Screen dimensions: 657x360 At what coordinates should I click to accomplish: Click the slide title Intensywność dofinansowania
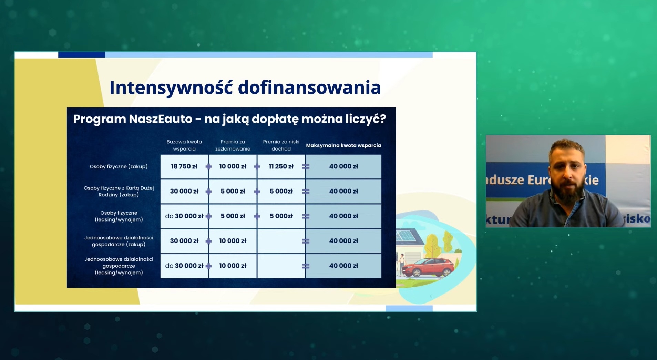click(x=245, y=88)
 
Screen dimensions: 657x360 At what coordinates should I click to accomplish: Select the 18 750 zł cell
click(x=184, y=166)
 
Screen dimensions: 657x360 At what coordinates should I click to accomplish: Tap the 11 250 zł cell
click(x=281, y=166)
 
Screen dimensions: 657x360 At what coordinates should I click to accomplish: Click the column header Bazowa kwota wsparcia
click(x=184, y=145)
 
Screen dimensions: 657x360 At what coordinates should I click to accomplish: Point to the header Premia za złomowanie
click(x=233, y=145)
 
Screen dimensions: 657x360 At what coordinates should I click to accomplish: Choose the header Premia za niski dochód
click(x=281, y=145)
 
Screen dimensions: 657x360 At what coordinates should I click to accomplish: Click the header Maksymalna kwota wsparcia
click(x=343, y=145)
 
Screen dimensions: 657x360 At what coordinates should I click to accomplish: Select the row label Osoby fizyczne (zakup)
click(x=119, y=166)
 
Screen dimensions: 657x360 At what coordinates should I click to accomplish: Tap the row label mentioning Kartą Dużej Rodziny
click(x=119, y=191)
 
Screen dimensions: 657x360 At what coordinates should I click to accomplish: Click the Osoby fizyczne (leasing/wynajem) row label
click(x=119, y=216)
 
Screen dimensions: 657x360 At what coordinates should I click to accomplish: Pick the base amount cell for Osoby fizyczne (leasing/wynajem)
click(x=184, y=216)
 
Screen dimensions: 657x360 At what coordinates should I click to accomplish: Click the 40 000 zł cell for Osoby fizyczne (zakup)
click(x=343, y=166)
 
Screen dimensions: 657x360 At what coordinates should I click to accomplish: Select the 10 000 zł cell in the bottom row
click(x=233, y=266)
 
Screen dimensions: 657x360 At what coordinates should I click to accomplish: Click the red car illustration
click(x=428, y=267)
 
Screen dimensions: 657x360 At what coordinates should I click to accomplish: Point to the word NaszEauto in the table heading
click(x=161, y=119)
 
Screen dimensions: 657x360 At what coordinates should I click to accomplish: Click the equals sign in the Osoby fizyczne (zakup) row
click(x=306, y=167)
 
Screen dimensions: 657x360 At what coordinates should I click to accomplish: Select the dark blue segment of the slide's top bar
click(x=82, y=54)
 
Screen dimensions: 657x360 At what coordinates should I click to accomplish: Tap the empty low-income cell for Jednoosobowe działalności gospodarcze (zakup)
click(x=281, y=241)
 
